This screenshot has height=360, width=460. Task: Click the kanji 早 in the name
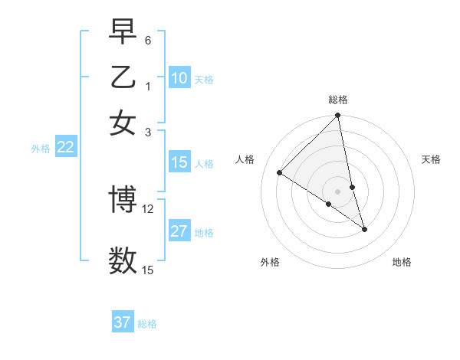[123, 32]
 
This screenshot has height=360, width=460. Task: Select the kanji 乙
[123, 77]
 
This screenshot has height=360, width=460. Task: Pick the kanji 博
[123, 201]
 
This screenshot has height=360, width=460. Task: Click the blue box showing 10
[179, 78]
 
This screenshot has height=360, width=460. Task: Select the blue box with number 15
[179, 162]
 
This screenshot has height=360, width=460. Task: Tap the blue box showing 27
[179, 231]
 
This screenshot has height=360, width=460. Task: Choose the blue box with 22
[65, 148]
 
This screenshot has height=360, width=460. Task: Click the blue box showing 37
[123, 322]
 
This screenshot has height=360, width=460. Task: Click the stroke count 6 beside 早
[148, 39]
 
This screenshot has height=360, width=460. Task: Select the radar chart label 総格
[338, 100]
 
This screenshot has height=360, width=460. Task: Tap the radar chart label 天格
[432, 159]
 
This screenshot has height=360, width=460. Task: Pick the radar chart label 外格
[270, 262]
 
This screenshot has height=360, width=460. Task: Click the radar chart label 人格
[245, 159]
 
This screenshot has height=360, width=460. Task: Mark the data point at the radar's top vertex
[338, 116]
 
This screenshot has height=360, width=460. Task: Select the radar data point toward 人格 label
[280, 172]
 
